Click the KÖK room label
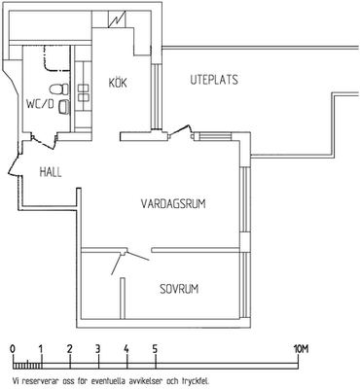click(x=118, y=82)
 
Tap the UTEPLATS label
click(x=214, y=80)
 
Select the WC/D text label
click(x=40, y=104)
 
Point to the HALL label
click(x=51, y=172)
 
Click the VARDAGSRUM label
click(x=173, y=204)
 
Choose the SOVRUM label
click(x=179, y=289)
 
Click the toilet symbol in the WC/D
click(x=58, y=88)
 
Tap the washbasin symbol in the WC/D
click(x=64, y=107)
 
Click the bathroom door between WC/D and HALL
click(x=45, y=141)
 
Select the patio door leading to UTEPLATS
click(x=180, y=131)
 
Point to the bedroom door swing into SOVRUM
click(x=128, y=262)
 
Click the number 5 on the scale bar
click(x=155, y=349)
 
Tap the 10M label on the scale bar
click(x=301, y=349)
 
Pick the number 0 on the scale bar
click(x=13, y=349)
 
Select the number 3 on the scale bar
click(x=97, y=349)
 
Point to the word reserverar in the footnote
click(x=38, y=380)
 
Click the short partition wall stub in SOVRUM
click(x=123, y=298)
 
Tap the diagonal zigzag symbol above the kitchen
click(x=118, y=19)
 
